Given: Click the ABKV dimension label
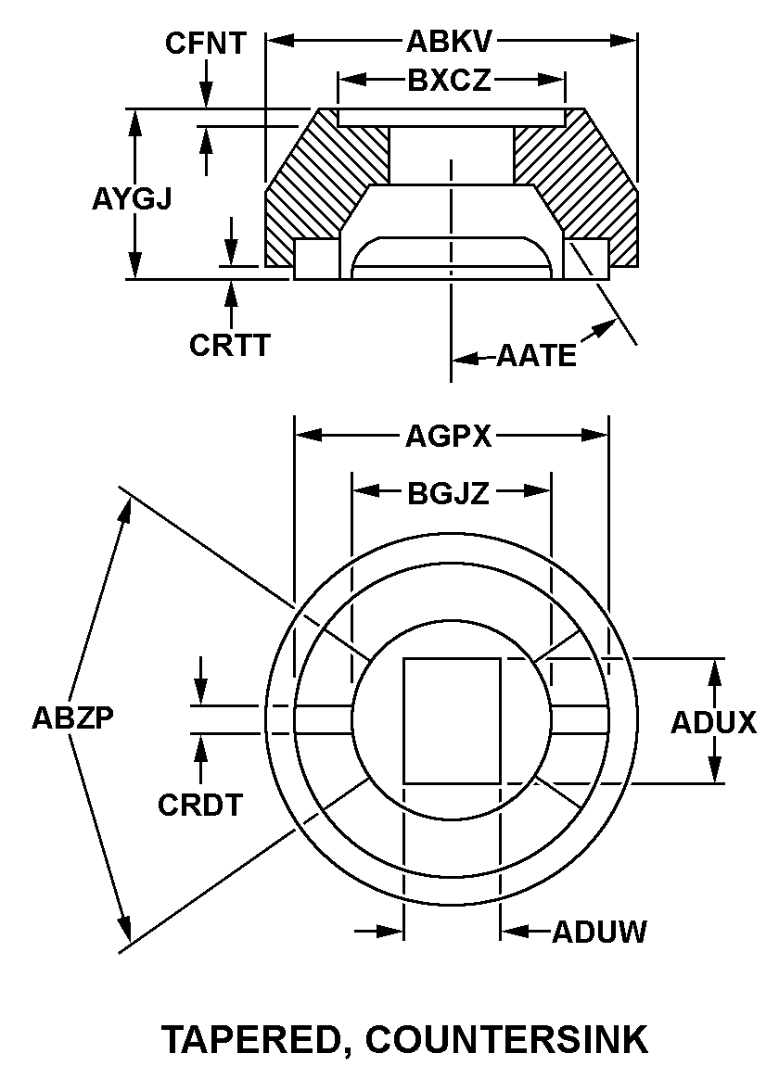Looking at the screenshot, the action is click(x=450, y=42).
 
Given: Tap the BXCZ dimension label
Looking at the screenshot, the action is click(x=450, y=81).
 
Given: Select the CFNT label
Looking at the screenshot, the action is click(x=205, y=44).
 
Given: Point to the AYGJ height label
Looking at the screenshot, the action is click(x=132, y=199).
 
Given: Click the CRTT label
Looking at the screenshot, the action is click(x=230, y=345).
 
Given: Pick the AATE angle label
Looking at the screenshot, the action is click(x=537, y=356).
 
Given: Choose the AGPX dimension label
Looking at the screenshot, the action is click(x=449, y=437).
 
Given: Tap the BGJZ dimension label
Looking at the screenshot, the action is click(x=449, y=493).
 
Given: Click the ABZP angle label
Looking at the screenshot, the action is click(x=73, y=717).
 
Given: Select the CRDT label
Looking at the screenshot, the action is click(x=200, y=805).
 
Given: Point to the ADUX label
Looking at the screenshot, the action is click(x=714, y=722).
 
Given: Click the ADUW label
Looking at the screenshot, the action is click(x=599, y=932).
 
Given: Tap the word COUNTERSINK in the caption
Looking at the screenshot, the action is click(x=507, y=1038).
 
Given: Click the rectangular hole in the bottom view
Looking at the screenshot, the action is click(x=452, y=720).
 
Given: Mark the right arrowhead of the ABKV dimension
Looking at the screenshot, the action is click(x=622, y=42).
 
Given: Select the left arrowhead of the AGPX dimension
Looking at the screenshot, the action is click(x=308, y=436).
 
